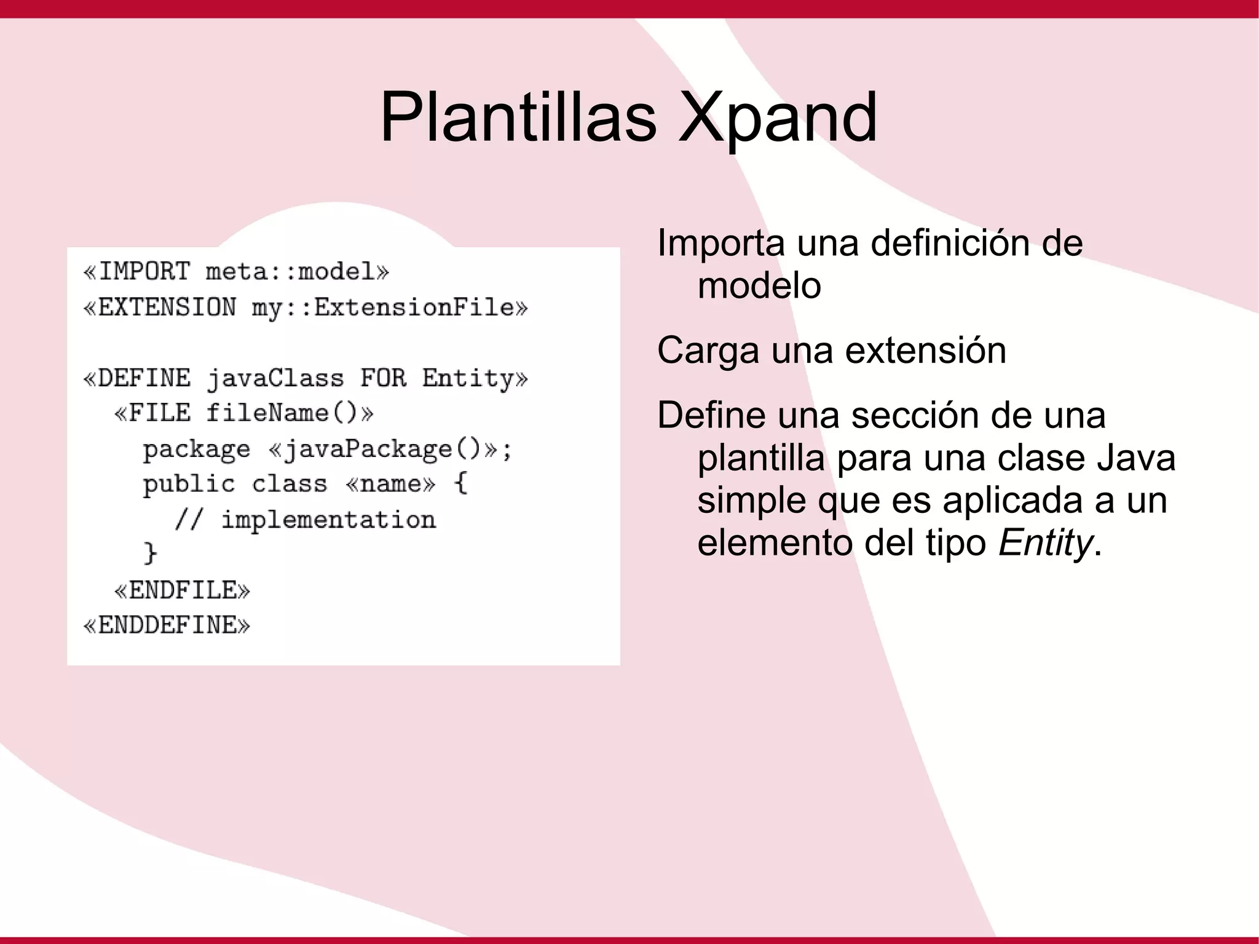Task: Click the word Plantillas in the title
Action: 518,117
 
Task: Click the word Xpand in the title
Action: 777,117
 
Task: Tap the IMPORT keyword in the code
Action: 144,271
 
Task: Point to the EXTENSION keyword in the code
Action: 167,307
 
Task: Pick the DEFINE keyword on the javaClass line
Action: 144,378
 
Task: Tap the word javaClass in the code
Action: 275,378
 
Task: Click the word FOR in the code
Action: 383,378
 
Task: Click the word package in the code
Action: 197,450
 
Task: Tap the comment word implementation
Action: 328,520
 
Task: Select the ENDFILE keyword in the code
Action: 183,590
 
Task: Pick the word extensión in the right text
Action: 925,351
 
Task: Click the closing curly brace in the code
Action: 150,553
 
